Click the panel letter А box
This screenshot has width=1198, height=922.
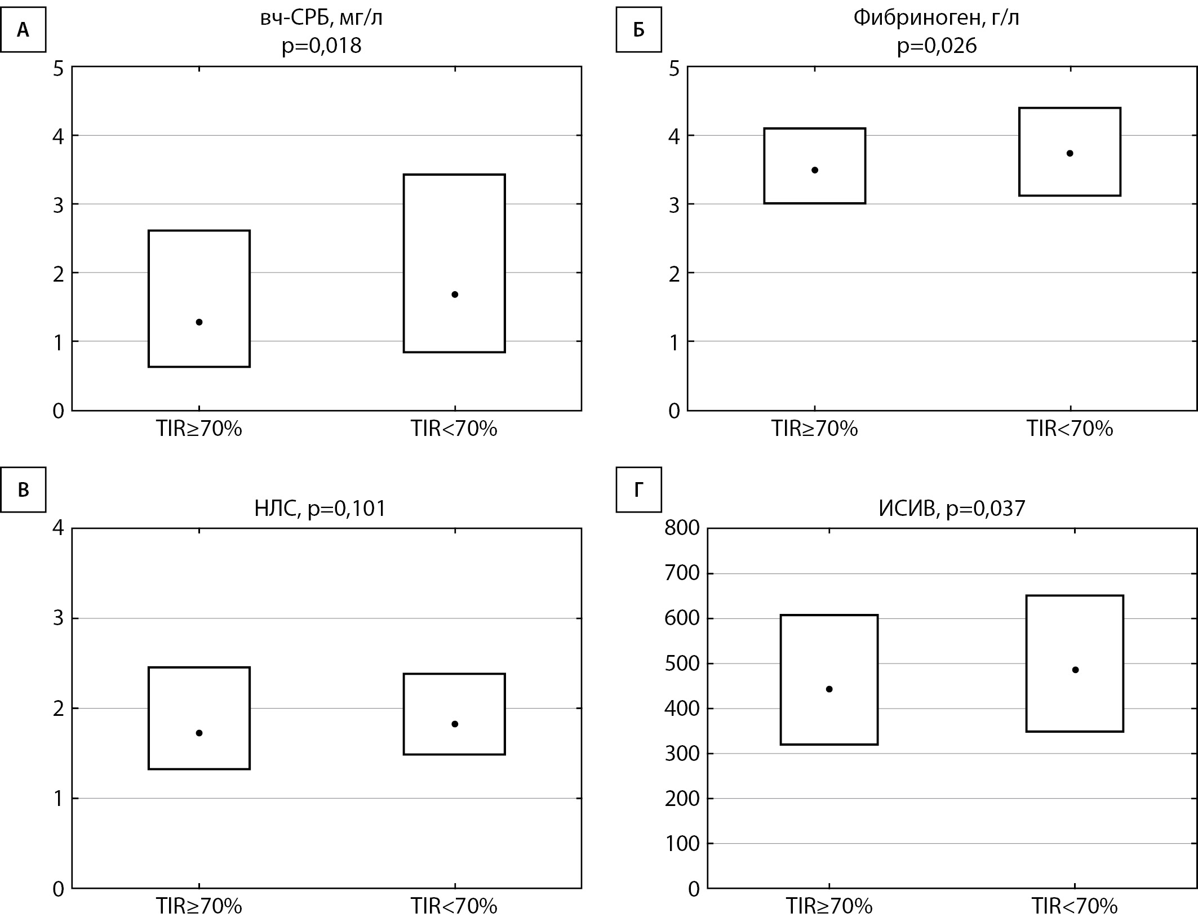[x=23, y=30]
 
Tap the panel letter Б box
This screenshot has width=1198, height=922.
[x=638, y=30]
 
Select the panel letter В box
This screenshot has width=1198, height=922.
[x=23, y=489]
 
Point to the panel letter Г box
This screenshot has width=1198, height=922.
[x=638, y=489]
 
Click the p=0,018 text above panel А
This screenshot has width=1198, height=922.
[x=321, y=46]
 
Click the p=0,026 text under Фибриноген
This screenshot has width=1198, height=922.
[x=937, y=46]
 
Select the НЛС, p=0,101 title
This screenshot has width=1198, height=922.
[x=320, y=509]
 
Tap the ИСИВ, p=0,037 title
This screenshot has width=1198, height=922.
[x=952, y=509]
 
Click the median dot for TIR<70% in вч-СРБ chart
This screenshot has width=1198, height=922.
[x=455, y=294]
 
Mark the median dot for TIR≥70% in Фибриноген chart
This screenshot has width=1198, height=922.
[x=815, y=170]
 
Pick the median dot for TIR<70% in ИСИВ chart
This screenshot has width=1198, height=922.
[x=1075, y=670]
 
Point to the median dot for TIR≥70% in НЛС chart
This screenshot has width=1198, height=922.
[x=199, y=733]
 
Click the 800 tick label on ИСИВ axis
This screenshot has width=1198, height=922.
[x=682, y=528]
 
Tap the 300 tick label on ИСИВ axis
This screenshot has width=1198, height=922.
[x=682, y=754]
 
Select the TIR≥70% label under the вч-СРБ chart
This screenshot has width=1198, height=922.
[x=199, y=429]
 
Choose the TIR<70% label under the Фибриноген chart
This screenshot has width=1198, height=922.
[x=1070, y=429]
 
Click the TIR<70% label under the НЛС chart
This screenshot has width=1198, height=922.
[x=454, y=906]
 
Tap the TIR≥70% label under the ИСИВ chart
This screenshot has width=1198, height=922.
[x=829, y=906]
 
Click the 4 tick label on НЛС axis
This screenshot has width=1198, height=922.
[x=59, y=528]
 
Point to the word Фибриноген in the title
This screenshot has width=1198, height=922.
[x=913, y=18]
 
